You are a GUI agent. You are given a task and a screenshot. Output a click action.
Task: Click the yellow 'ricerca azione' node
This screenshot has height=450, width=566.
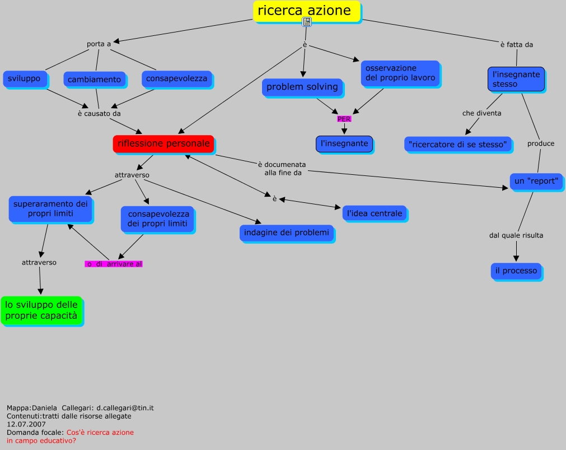307,11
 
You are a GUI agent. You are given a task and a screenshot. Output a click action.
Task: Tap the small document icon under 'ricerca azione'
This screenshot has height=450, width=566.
306,22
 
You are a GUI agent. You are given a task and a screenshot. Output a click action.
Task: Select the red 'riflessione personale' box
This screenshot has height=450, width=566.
163,144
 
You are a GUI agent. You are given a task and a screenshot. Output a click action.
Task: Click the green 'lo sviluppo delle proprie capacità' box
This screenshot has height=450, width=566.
41,310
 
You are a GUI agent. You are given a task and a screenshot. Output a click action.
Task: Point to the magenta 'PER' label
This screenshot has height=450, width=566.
344,119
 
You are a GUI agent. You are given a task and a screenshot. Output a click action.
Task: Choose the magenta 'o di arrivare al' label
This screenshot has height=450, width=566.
114,264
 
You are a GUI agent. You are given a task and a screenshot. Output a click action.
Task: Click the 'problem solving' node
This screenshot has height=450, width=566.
302,87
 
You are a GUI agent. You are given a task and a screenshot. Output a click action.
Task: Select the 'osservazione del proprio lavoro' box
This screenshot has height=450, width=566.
400,73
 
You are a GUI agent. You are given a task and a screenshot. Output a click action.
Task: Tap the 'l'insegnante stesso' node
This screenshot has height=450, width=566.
516,79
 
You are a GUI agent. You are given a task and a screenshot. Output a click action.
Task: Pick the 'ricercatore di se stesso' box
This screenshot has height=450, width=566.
458,145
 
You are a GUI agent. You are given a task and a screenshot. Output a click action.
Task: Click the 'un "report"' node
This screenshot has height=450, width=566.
536,181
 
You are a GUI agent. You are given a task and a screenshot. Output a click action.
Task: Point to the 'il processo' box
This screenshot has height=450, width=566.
516,271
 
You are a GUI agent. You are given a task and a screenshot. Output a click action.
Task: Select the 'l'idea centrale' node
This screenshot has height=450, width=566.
375,214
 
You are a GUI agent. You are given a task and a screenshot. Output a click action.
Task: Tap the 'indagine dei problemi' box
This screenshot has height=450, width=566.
287,233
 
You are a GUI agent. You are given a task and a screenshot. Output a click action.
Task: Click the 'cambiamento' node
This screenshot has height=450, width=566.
95,80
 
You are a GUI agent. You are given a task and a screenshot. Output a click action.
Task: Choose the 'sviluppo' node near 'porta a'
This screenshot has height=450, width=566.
24,79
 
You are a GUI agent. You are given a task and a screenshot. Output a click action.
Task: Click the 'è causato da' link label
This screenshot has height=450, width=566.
99,114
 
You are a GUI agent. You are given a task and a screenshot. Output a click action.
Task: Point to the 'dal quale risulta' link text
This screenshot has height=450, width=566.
516,235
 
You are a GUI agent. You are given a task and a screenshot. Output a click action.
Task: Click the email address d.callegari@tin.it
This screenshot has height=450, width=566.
125,408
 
